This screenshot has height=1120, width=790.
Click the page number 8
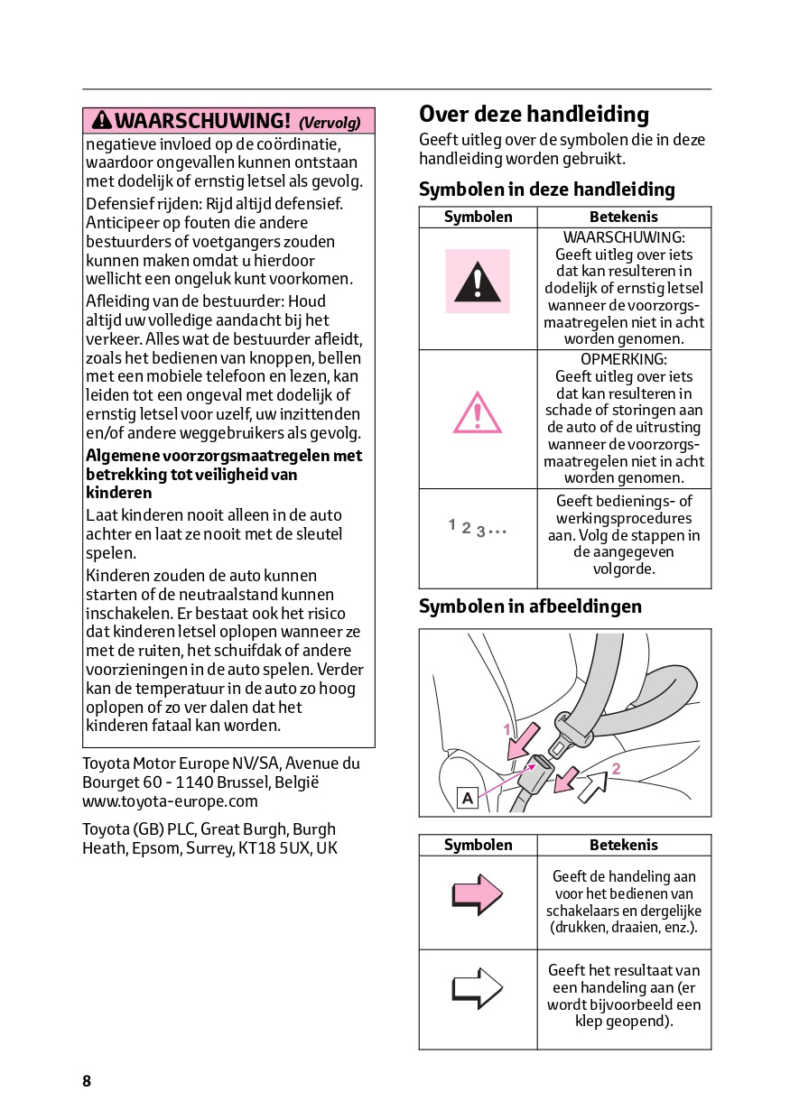87,1081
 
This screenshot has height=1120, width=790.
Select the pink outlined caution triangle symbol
478,413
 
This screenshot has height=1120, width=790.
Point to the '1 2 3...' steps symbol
478,527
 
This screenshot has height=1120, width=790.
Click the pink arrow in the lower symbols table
477,894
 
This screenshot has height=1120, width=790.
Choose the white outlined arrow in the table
477,988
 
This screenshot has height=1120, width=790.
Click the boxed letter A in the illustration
468,798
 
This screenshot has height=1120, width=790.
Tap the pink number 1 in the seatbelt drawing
507,729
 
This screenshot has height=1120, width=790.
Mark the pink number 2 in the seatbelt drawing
616,769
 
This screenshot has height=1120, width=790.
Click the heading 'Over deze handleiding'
534,115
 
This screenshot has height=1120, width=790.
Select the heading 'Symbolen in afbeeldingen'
530,606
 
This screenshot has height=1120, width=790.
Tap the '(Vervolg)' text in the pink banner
330,123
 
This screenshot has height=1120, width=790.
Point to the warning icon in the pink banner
101,121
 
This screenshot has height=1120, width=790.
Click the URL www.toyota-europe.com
170,801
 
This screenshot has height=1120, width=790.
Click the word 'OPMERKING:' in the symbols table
624,359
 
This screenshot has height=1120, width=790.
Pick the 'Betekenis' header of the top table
624,218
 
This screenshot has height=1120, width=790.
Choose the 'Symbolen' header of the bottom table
478,846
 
